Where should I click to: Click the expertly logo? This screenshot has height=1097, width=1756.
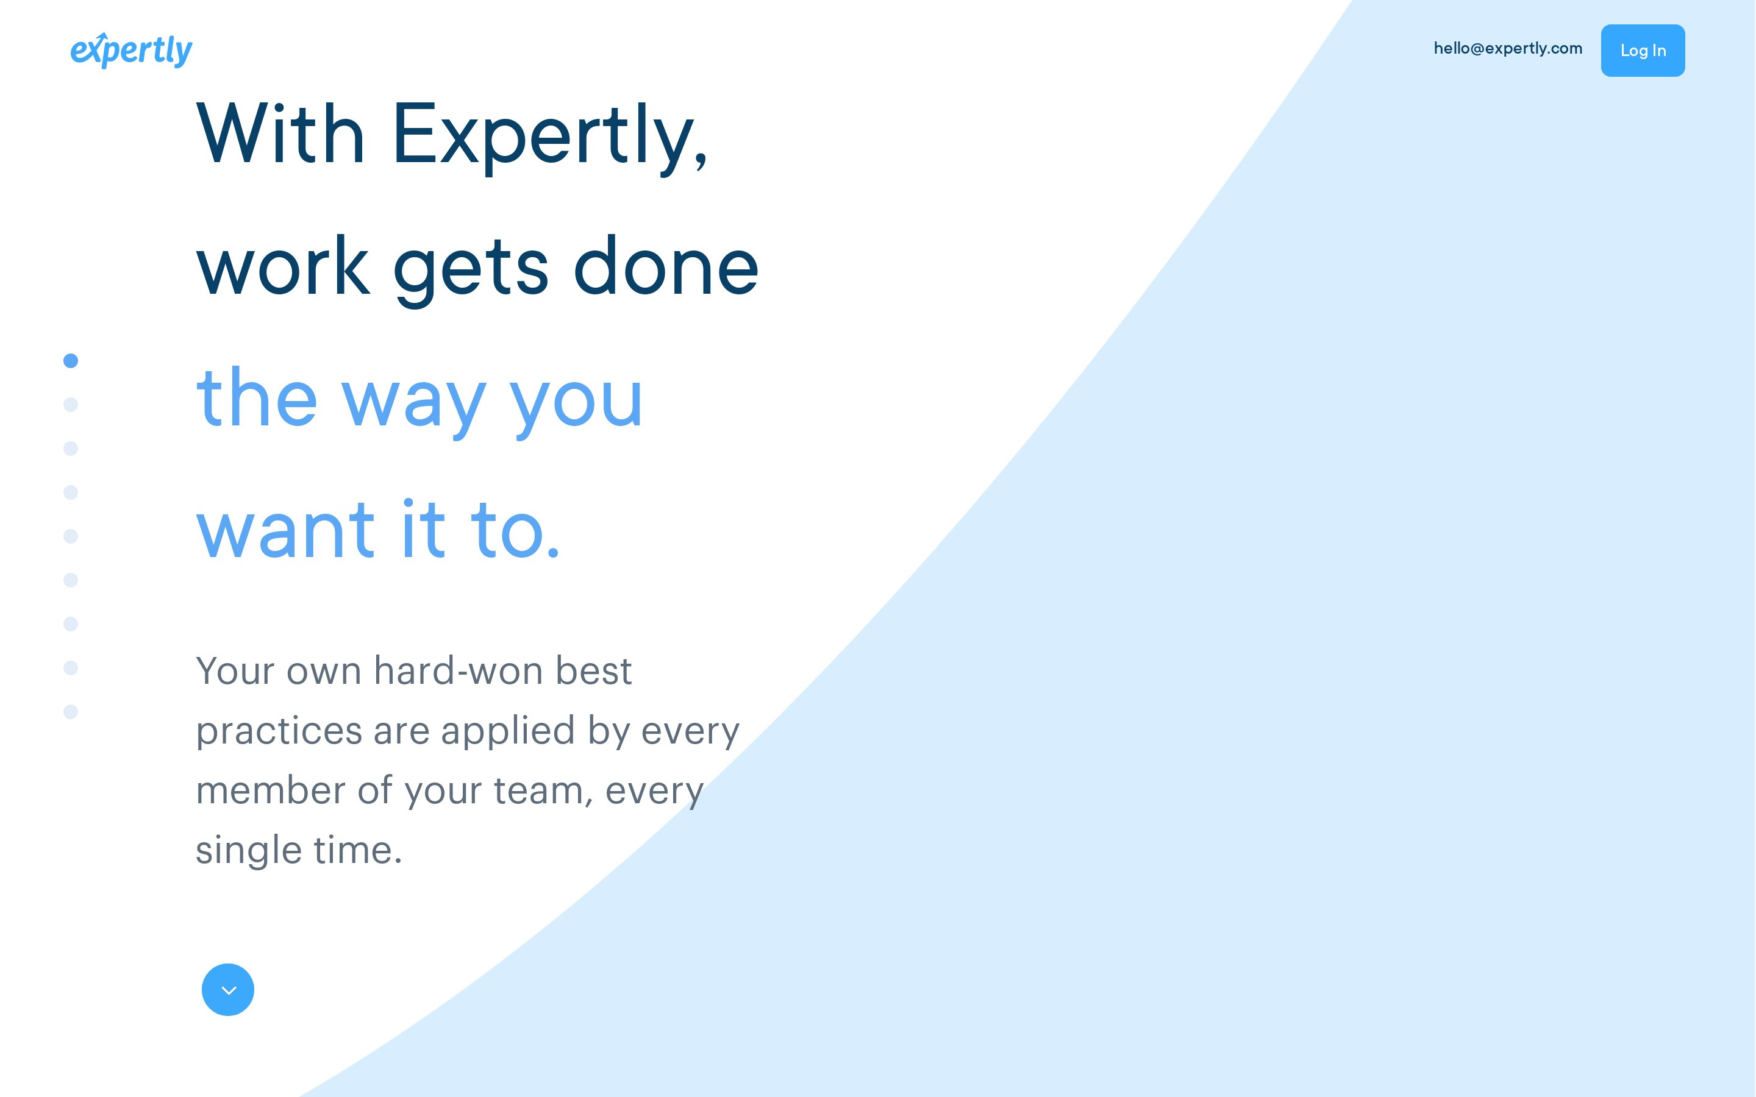point(131,50)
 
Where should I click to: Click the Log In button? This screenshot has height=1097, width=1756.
point(1643,50)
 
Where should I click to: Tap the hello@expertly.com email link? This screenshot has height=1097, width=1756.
point(1508,49)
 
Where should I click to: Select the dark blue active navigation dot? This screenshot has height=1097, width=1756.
point(70,361)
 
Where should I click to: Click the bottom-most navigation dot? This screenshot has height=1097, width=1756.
point(70,712)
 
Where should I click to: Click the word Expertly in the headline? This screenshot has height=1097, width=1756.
point(550,137)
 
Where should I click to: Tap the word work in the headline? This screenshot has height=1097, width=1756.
point(283,266)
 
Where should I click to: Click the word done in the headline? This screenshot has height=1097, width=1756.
point(666,266)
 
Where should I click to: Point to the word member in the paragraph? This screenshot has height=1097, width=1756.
point(271,789)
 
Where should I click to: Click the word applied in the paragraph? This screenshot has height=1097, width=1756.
point(508,732)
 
